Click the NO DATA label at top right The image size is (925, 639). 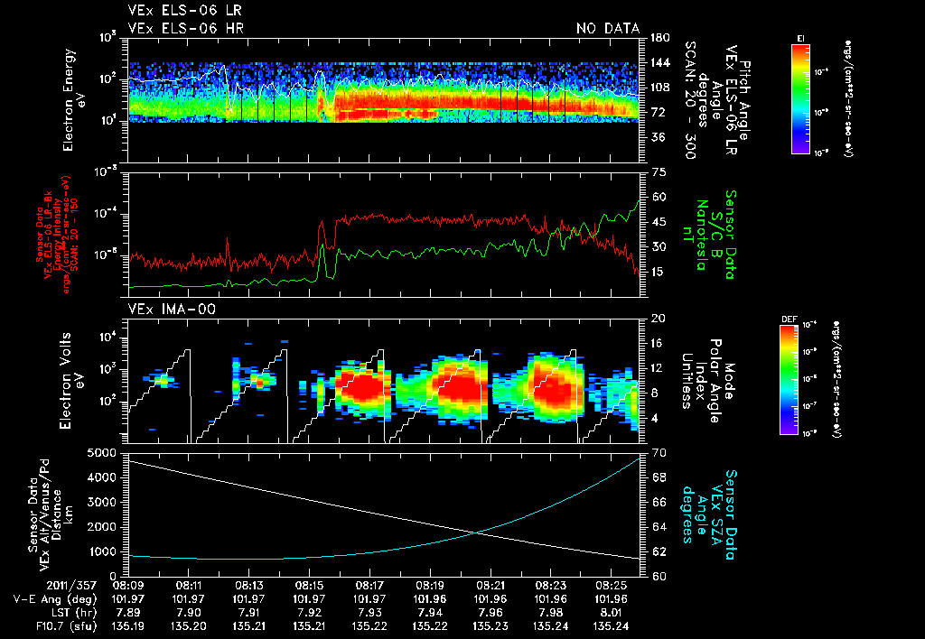point(607,29)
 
